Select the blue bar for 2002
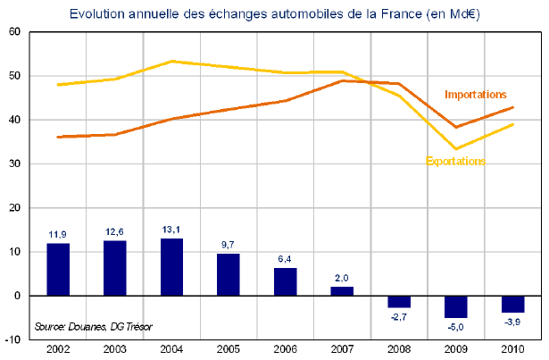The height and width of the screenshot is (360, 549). (x=58, y=269)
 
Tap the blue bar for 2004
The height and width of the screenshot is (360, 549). (x=171, y=266)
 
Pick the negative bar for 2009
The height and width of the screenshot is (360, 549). (x=455, y=306)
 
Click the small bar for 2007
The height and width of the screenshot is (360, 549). (x=342, y=290)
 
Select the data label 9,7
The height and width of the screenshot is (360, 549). (x=229, y=242)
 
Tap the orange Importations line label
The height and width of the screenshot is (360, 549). (x=476, y=94)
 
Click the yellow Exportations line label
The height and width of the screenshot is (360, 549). (x=455, y=162)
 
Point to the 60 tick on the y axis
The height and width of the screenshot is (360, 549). (x=15, y=32)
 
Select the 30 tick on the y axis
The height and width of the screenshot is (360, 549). (x=15, y=163)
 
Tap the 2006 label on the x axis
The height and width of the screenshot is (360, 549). (x=285, y=348)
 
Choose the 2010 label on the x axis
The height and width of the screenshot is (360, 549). (x=512, y=348)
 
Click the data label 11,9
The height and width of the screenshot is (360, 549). (x=58, y=233)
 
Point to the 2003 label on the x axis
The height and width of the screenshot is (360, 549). (x=114, y=348)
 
